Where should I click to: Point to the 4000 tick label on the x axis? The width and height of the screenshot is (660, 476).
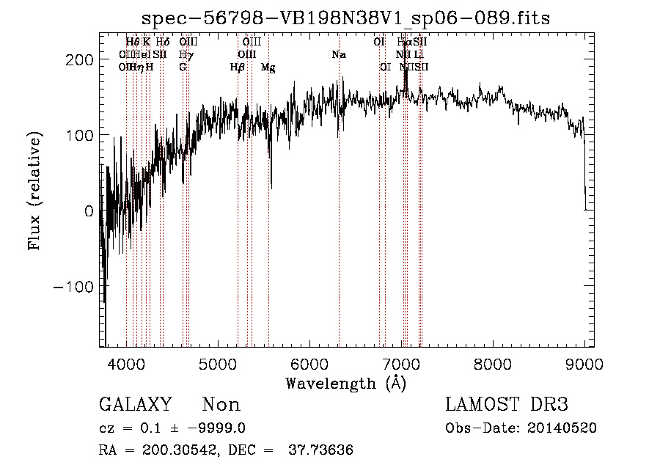125,365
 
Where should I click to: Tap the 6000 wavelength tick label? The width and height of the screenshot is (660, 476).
309,365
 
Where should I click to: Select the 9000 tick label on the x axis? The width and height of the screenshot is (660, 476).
584,365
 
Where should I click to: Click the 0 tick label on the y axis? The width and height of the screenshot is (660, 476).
88,210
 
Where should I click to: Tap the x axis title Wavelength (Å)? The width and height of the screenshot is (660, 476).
345,383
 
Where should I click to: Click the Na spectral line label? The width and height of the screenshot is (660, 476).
339,55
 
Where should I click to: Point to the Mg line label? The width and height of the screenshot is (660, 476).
268,67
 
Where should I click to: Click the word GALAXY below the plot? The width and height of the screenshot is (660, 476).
135,405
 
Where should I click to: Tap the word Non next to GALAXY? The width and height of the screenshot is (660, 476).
221,405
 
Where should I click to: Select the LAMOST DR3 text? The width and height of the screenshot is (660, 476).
507,405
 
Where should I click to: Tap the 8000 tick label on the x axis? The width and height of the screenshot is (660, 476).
493,365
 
